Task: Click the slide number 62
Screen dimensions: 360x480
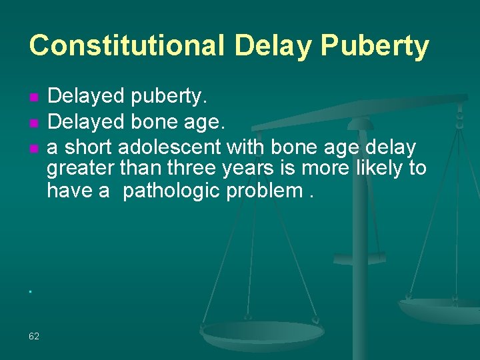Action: coord(34,336)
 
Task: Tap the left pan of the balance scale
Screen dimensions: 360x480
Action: coord(263,331)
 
